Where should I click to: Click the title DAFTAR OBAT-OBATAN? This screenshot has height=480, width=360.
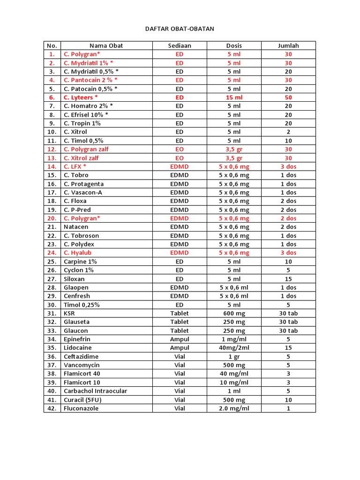click(180, 29)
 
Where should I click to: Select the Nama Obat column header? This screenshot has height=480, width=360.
click(106, 45)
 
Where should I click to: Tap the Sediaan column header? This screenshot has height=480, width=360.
click(180, 45)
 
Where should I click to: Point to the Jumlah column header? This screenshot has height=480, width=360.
click(288, 45)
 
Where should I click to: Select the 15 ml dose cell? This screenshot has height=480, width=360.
click(234, 97)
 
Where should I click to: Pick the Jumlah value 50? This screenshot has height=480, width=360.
click(288, 97)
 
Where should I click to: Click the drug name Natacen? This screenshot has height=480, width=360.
click(76, 227)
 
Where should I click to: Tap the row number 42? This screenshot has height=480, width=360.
click(52, 408)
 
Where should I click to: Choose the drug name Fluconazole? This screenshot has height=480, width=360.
click(81, 408)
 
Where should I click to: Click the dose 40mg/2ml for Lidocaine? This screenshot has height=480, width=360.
click(234, 348)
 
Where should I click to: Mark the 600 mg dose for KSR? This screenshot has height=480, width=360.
click(234, 313)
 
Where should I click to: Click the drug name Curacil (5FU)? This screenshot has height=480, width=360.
click(82, 400)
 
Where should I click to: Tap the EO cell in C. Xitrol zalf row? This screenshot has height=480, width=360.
click(180, 158)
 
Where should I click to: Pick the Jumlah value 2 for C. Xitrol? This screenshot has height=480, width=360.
click(288, 132)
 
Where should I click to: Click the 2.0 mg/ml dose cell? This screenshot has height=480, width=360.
click(234, 408)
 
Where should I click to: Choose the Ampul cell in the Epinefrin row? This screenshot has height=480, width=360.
click(180, 339)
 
